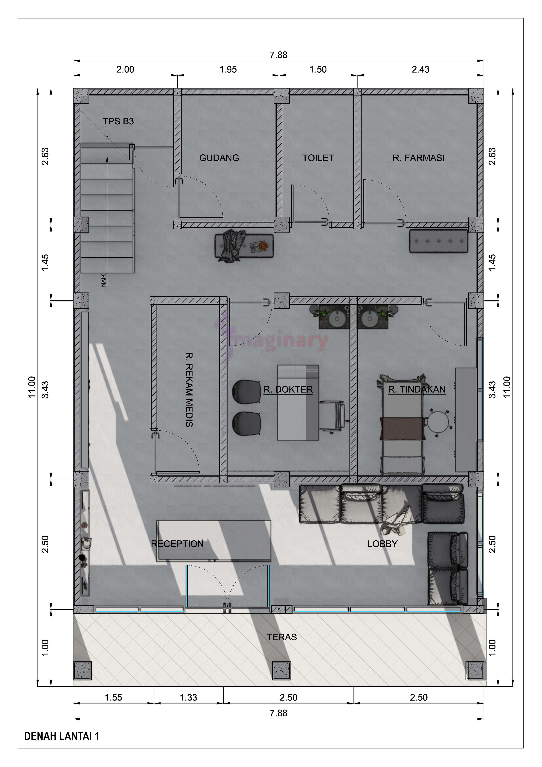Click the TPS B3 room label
118,121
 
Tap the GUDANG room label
219,158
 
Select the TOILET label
318,158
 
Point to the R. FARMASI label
418,158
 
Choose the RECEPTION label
177,544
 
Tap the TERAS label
282,637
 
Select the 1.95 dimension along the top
228,70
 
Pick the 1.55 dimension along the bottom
114,697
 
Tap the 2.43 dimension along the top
420,70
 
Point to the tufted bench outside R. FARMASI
438,241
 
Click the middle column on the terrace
282,670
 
